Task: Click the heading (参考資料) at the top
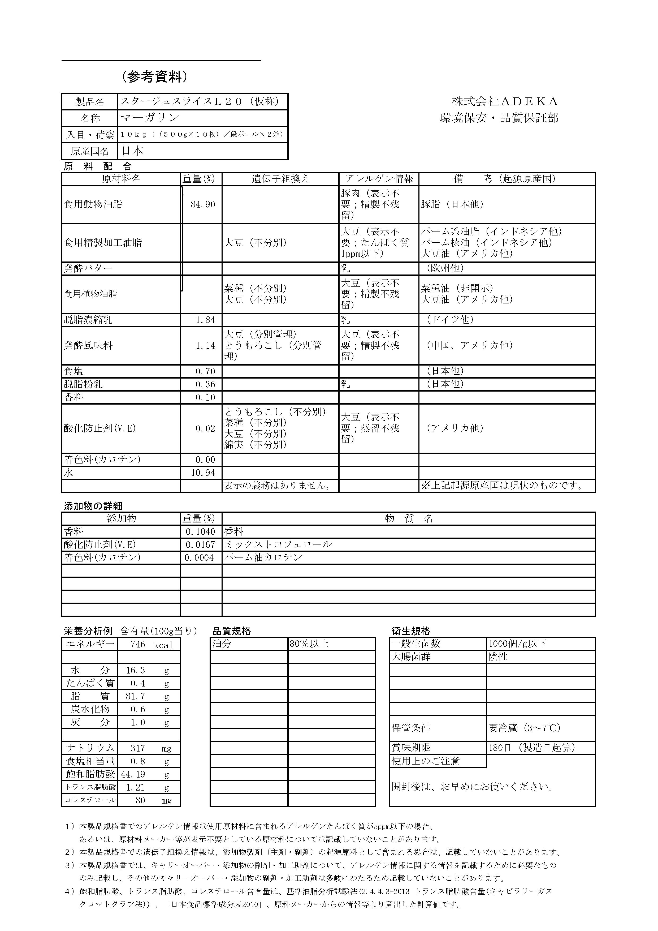[x=155, y=77]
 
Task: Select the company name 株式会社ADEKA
[x=505, y=101]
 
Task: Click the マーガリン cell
[x=150, y=118]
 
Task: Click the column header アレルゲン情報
[x=379, y=179]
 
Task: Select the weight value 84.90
[x=203, y=204]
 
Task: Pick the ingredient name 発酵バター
[x=88, y=268]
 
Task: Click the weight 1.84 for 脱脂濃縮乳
[x=205, y=320]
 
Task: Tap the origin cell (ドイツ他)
[x=450, y=320]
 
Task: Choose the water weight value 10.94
[x=203, y=473]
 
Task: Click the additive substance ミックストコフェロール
[x=278, y=544]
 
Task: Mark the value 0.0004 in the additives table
[x=199, y=557]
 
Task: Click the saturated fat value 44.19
[x=133, y=774]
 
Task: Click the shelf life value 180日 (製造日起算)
[x=532, y=748]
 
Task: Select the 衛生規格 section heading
[x=411, y=631]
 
